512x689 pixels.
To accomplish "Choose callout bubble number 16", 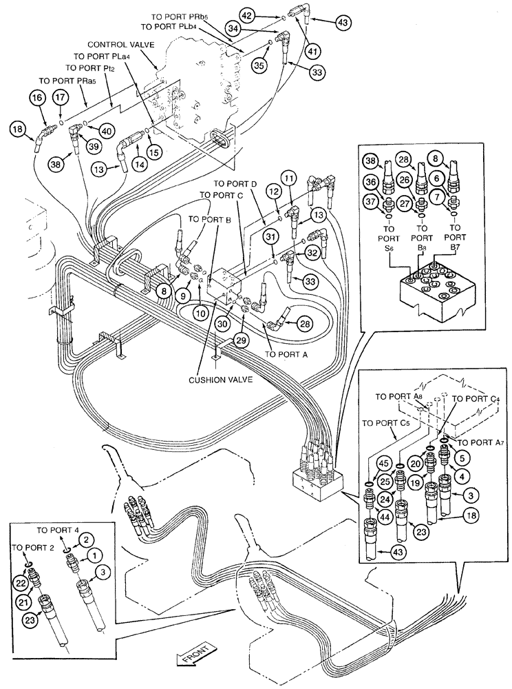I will pyautogui.click(x=39, y=99).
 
